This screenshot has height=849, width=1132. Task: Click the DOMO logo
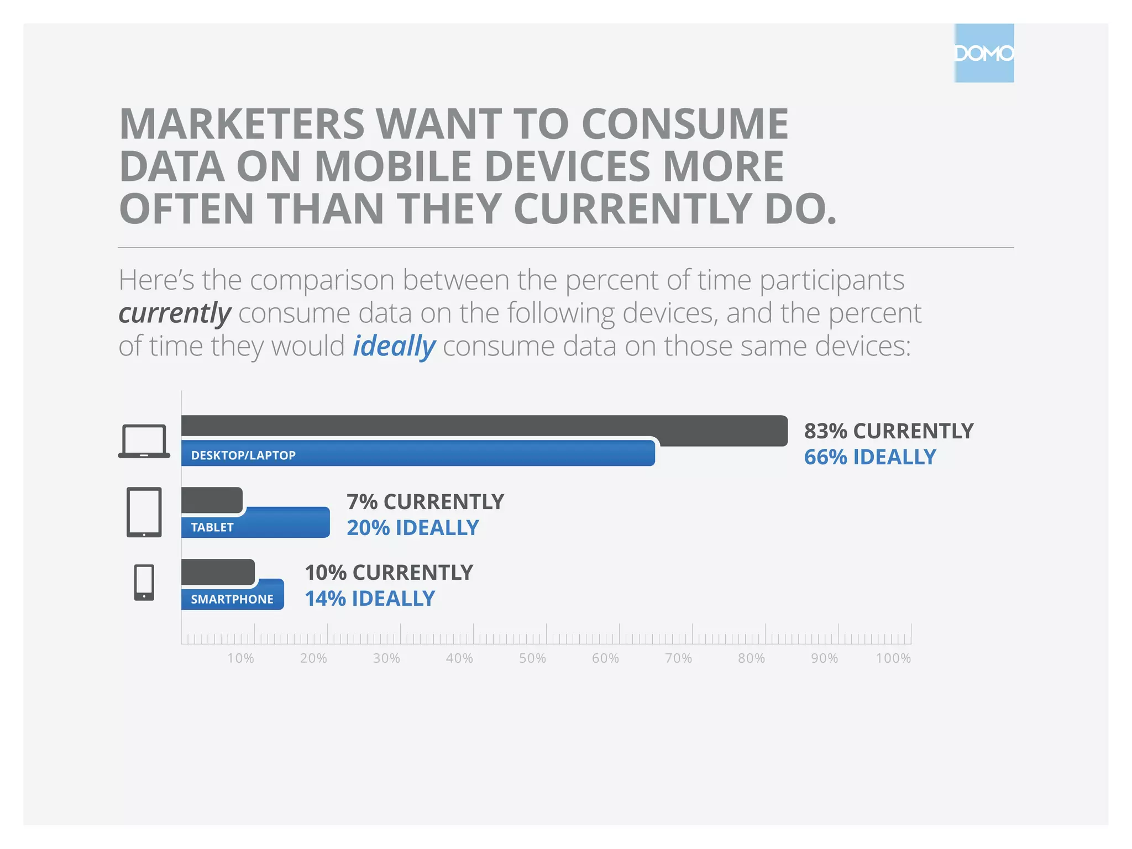[984, 53]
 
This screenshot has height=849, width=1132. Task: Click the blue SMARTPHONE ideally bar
[232, 598]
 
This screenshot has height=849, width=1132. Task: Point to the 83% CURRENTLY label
[888, 431]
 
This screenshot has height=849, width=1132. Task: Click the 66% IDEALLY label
[869, 457]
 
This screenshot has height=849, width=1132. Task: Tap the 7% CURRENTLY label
[425, 501]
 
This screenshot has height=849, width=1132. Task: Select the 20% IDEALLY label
[412, 527]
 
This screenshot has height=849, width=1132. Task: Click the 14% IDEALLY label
[370, 598]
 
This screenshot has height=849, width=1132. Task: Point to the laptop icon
[144, 441]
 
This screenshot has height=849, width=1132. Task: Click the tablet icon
[144, 512]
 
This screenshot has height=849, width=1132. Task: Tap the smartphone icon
[144, 583]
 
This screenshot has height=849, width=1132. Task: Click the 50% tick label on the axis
[532, 658]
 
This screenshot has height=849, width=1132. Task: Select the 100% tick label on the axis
[893, 658]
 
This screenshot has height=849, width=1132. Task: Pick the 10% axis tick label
[240, 658]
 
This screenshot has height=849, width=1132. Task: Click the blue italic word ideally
[394, 346]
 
